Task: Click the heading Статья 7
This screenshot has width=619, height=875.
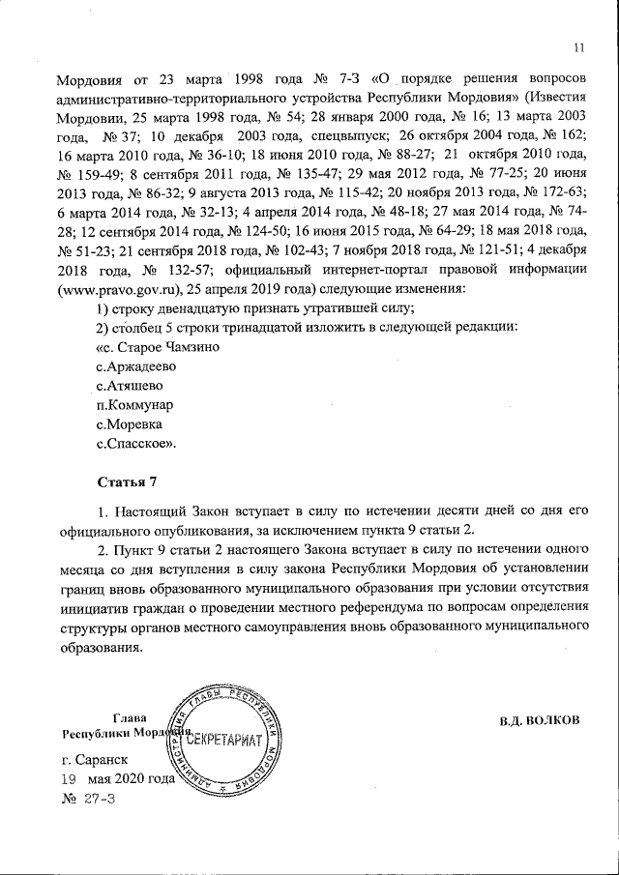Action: (x=126, y=481)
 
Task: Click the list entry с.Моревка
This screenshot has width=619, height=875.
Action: (x=130, y=424)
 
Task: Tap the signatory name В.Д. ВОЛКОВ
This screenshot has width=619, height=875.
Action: (x=540, y=720)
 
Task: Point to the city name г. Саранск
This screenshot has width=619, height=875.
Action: (x=94, y=759)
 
